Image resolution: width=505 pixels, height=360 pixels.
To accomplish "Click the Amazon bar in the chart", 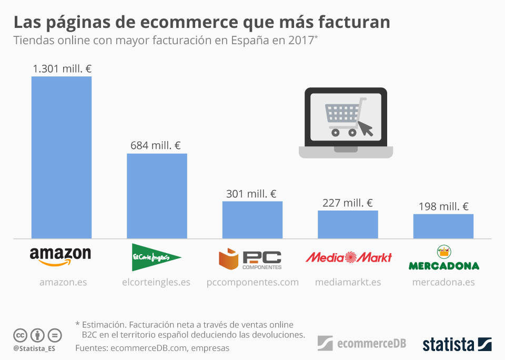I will point(62,157).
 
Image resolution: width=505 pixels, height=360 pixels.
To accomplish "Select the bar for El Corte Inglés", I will point(157,196).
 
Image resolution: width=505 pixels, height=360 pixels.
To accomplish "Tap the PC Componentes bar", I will point(252,219).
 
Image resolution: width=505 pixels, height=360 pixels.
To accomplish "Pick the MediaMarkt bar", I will point(348,224).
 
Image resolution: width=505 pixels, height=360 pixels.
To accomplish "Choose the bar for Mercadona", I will point(443,226).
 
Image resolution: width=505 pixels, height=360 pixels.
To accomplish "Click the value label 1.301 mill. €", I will point(62,68).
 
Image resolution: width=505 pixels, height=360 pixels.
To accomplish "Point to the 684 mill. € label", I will point(156,145).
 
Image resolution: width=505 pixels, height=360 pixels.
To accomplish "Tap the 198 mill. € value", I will point(443,206).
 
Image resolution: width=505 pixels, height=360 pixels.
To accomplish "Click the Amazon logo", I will point(60,256).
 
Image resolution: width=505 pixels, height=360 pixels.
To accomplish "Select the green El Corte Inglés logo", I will point(156,257).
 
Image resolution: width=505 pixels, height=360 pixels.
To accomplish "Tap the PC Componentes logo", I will point(250,258).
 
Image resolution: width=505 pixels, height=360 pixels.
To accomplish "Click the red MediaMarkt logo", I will point(348,257).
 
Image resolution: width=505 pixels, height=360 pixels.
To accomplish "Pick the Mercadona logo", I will point(444,258).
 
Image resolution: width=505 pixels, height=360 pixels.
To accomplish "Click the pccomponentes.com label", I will point(252,282).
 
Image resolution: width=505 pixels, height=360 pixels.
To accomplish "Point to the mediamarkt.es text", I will point(348,282).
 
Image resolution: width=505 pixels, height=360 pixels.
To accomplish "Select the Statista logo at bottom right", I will point(457,344).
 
